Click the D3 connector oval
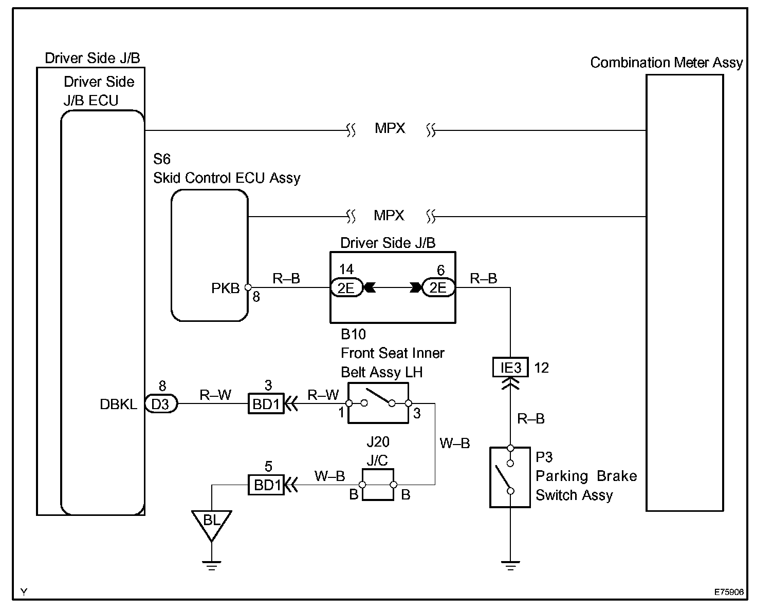[161, 403]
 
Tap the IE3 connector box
[510, 367]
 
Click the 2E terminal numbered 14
[346, 287]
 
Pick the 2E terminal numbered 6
[438, 287]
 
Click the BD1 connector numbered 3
[266, 403]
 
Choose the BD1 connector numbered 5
[266, 485]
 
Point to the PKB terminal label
[225, 288]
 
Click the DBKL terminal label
[118, 405]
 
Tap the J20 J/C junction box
[378, 485]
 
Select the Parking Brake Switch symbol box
[510, 477]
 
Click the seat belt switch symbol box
[378, 403]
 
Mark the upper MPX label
[390, 128]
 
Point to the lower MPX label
[389, 215]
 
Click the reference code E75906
[729, 591]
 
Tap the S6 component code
[161, 159]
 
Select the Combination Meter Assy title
[666, 63]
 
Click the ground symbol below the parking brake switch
[510, 565]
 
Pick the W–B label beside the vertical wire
[455, 443]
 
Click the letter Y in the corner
[24, 591]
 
